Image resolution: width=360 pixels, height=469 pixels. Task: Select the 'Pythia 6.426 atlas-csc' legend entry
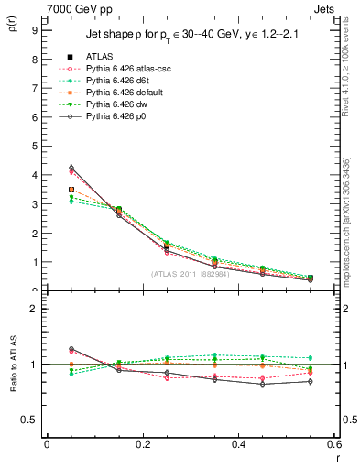click(x=126, y=69)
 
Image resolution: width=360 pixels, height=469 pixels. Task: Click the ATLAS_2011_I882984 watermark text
click(x=190, y=274)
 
